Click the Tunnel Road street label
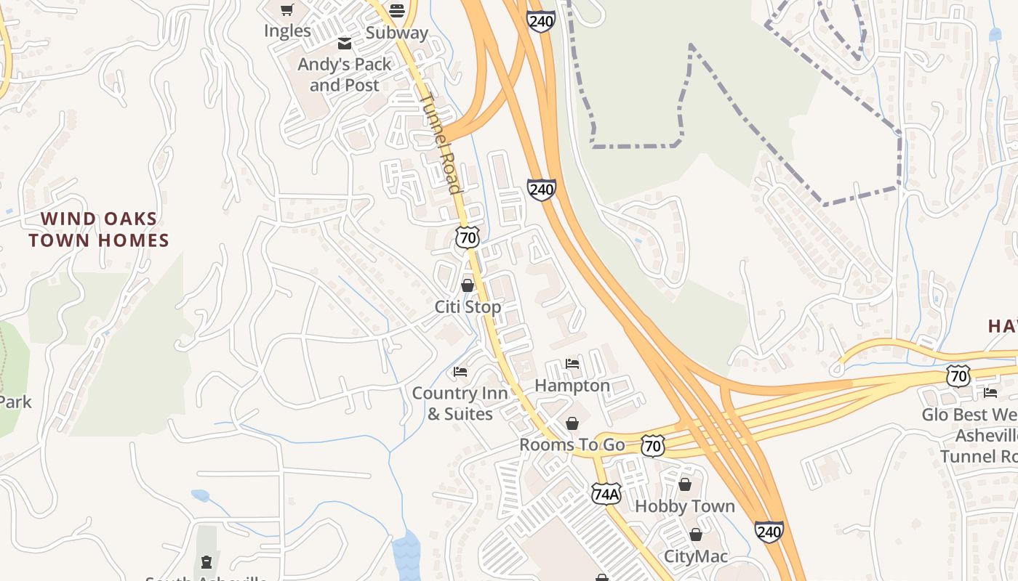point(441,144)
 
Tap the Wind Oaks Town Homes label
point(99,229)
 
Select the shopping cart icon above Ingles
point(287,9)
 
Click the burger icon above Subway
point(396,10)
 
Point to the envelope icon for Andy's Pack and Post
point(345,44)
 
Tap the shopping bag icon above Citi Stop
point(468,285)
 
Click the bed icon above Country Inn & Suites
point(460,372)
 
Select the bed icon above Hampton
point(572,364)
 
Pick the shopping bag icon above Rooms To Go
point(572,423)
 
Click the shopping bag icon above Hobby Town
point(684,484)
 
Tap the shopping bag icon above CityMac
point(696,535)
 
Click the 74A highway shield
point(606,494)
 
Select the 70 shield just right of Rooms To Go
point(653,445)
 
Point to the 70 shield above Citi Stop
point(468,237)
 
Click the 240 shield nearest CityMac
point(769,532)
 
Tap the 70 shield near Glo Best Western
point(958,375)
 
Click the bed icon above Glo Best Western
point(990,393)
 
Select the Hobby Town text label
point(685,506)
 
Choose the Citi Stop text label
point(468,307)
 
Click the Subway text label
point(397,33)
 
